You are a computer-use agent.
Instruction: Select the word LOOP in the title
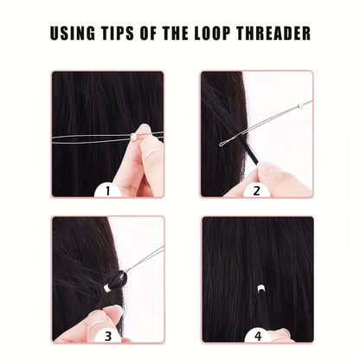tap(212, 33)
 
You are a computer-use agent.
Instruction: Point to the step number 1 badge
tap(107, 190)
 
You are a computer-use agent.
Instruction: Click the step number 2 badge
tap(256, 190)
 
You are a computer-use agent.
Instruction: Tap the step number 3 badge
tap(108, 336)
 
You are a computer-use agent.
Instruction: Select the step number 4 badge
tap(258, 336)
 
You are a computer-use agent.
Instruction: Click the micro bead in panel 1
tap(133, 137)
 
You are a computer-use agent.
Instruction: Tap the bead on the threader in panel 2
tap(300, 106)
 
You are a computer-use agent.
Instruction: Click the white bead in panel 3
tap(106, 287)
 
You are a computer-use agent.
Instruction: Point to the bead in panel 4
tap(261, 288)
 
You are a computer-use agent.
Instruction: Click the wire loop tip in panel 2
tap(222, 144)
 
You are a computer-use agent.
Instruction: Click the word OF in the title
tap(149, 33)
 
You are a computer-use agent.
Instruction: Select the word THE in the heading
tap(176, 33)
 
